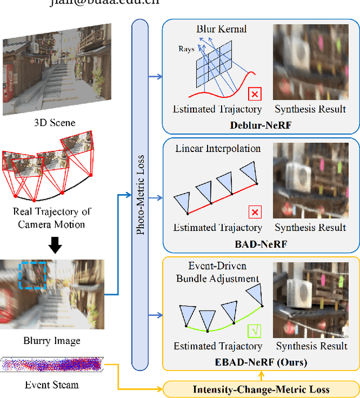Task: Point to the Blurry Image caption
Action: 52,341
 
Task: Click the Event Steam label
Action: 52,385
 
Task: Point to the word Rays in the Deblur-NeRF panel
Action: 187,49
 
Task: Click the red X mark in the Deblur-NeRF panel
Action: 255,93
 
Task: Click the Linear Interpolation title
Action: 218,149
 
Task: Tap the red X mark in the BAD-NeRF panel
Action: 255,212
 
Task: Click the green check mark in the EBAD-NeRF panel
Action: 255,330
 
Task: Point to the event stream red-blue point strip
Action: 52,365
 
